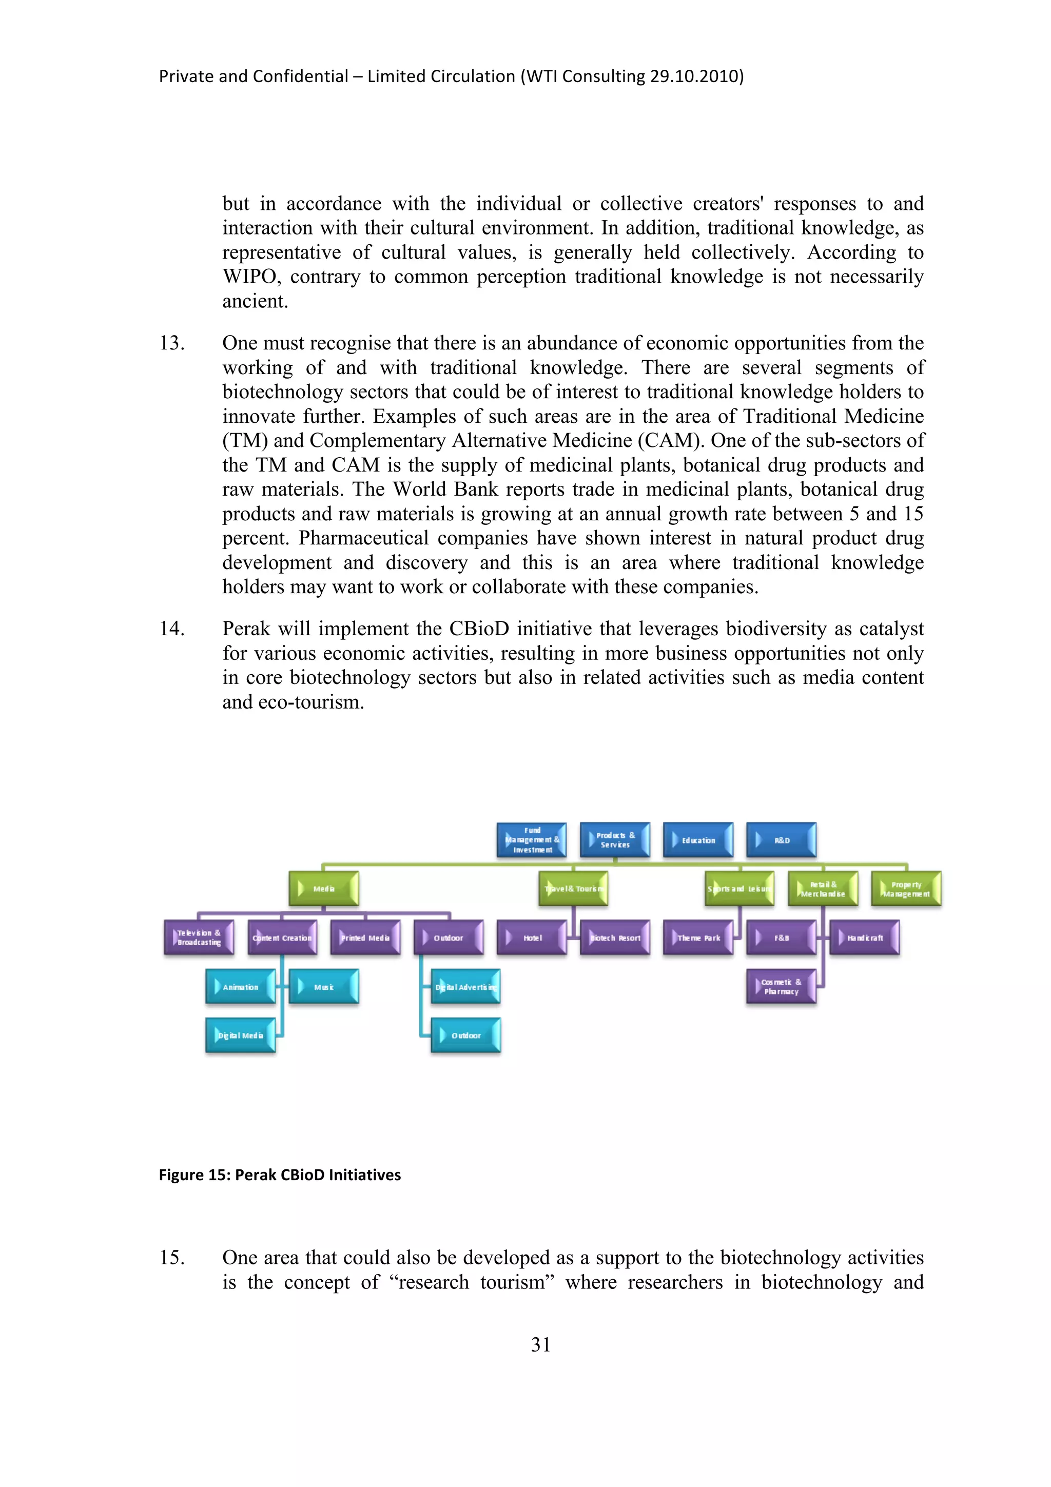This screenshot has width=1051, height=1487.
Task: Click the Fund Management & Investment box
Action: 532,840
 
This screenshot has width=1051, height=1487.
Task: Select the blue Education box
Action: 698,840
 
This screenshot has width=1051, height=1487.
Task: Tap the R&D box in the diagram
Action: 782,840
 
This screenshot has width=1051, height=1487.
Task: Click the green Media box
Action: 323,889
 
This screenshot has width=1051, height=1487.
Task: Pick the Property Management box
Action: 906,889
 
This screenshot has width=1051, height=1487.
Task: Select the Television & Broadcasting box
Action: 199,938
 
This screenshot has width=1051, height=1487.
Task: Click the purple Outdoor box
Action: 448,938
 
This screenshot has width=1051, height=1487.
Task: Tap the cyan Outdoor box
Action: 465,1035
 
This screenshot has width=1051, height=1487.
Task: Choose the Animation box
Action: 240,987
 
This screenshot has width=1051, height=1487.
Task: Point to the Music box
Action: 323,987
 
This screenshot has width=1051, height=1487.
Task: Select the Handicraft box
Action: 865,938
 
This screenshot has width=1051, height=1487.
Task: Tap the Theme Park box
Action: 698,938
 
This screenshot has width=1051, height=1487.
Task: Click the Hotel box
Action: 532,938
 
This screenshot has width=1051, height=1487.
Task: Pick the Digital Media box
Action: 240,1035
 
